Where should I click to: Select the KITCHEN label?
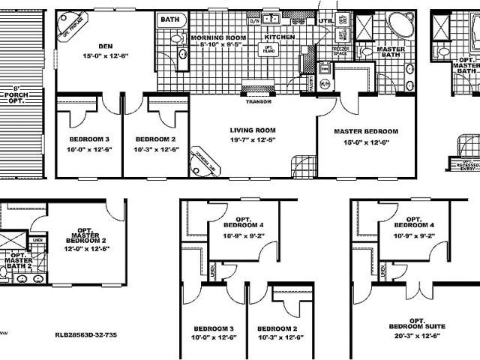pos(279,36)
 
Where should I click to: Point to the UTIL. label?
pos(325,22)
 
